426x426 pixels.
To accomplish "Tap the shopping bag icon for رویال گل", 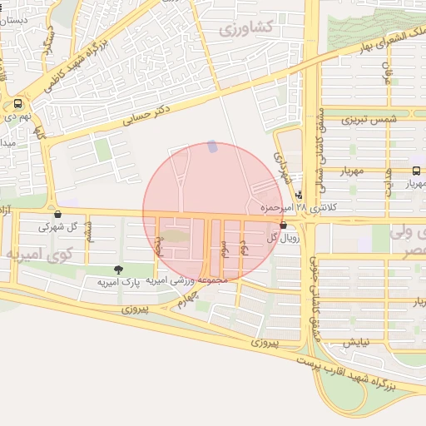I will coord(284,225).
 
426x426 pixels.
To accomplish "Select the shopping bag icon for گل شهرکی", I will coord(56,213).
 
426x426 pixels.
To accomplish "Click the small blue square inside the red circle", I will coord(211,146).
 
